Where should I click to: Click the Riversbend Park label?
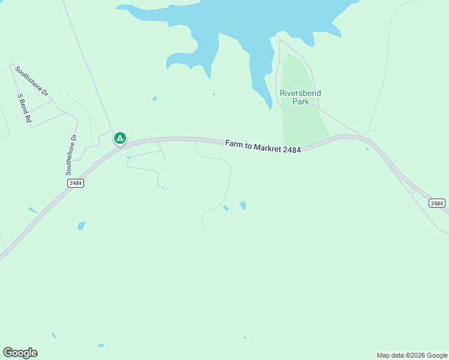click(300, 97)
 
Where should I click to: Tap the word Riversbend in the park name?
click(300, 93)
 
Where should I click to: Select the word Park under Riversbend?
click(300, 102)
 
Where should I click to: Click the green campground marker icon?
click(120, 139)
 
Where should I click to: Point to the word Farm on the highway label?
click(234, 143)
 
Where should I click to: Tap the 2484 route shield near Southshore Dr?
click(76, 183)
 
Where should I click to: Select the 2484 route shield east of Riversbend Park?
click(437, 203)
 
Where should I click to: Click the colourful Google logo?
click(20, 353)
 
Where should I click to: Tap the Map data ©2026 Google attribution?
click(412, 355)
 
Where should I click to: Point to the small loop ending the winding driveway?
click(164, 188)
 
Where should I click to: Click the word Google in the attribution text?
click(437, 355)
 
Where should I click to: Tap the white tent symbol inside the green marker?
click(120, 138)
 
